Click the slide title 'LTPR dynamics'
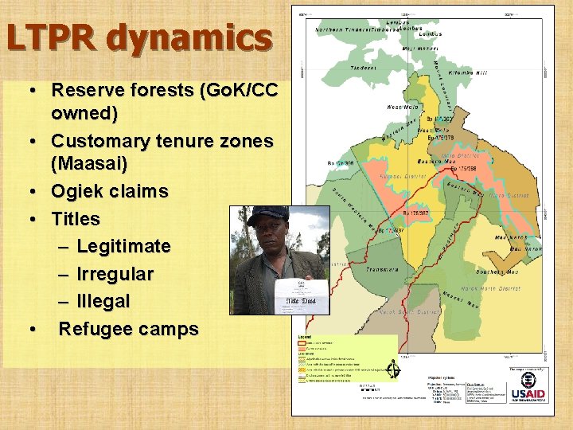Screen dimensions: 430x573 (x=139, y=38)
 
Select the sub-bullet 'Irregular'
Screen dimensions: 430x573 (x=115, y=274)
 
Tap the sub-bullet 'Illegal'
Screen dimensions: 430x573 (x=103, y=302)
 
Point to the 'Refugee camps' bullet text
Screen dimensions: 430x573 (x=129, y=329)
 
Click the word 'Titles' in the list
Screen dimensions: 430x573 (x=76, y=219)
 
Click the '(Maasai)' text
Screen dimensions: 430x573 (x=89, y=163)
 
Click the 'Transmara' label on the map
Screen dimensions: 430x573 (x=383, y=269)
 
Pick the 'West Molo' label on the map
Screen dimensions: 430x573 (x=403, y=106)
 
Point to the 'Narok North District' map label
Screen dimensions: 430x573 (x=492, y=288)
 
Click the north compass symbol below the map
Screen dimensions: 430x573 (x=392, y=369)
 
